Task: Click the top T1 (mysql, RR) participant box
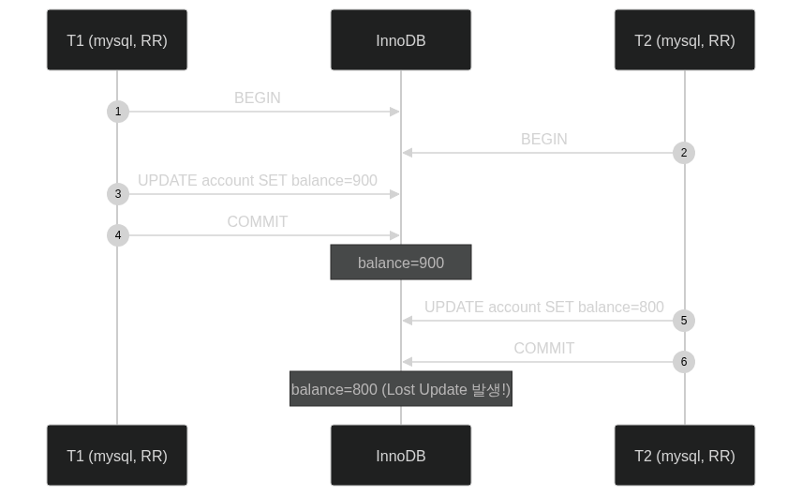tap(117, 40)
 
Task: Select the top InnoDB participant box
tap(401, 40)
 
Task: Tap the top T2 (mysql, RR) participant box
tap(685, 40)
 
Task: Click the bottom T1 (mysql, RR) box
tap(117, 455)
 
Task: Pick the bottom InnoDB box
tap(401, 455)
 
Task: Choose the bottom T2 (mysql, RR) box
tap(685, 455)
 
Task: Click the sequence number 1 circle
tap(118, 112)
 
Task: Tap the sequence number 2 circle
tap(684, 153)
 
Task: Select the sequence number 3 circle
tap(118, 194)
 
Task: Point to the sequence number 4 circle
tap(118, 235)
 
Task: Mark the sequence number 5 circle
tap(684, 321)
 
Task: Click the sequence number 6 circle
tap(684, 362)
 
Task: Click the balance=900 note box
tap(401, 263)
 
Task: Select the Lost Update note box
tap(401, 389)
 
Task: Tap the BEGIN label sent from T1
tap(258, 98)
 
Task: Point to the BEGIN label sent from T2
tap(544, 139)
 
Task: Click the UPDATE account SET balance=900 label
tap(258, 181)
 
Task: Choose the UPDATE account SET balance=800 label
tap(544, 308)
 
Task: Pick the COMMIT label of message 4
tap(258, 221)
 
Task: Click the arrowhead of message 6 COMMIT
tap(408, 362)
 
